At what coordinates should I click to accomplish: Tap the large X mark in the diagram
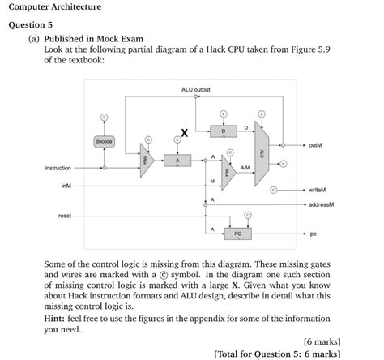[x=185, y=132]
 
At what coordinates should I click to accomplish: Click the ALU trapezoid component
[x=261, y=152]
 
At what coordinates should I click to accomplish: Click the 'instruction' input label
[x=58, y=168]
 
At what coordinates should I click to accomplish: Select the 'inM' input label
[x=66, y=186]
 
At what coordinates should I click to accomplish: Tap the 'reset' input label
[x=64, y=215]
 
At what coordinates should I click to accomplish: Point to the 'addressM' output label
[x=321, y=204]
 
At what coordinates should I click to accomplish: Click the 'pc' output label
[x=313, y=234]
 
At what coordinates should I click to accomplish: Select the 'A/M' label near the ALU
[x=245, y=168]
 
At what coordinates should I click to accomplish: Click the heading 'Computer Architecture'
[x=55, y=7]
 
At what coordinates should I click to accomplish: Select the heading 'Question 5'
[x=31, y=25]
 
